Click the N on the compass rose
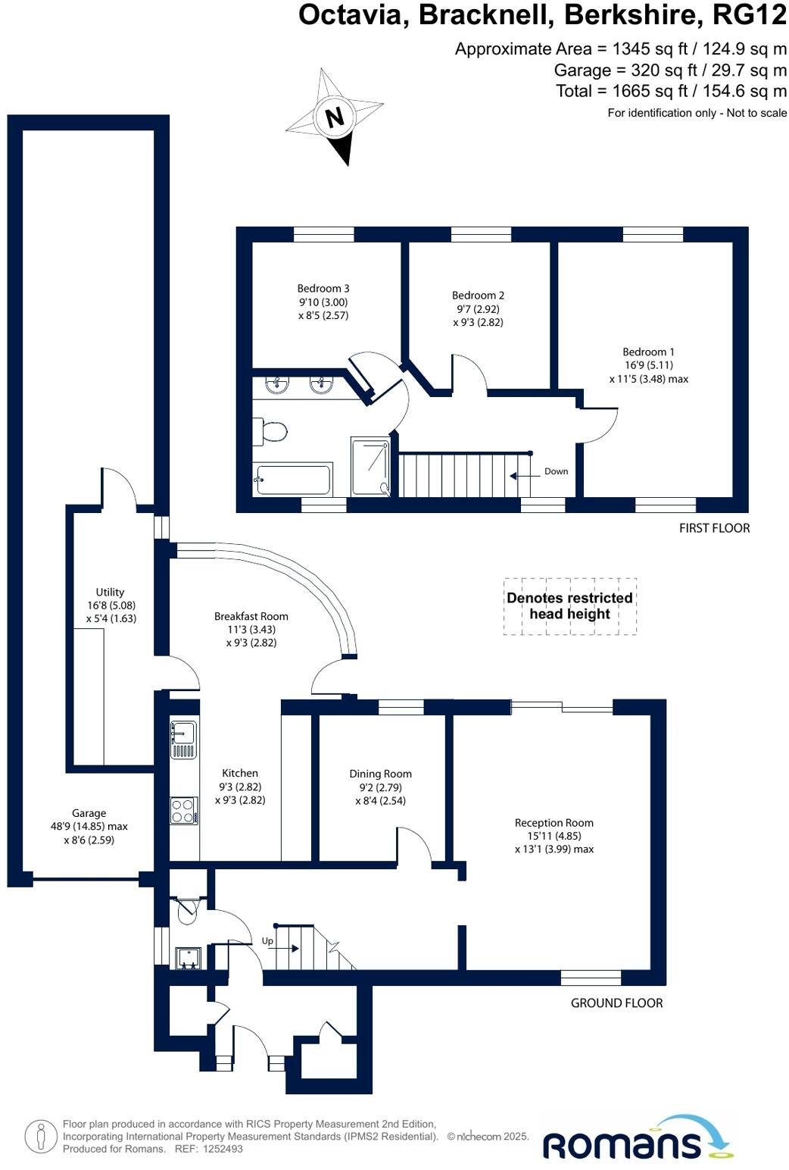pos(334,117)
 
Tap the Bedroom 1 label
pos(648,352)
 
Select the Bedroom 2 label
pos(478,296)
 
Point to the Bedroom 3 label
pos(323,289)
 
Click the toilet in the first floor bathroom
pos(270,432)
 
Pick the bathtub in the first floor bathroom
pos(293,480)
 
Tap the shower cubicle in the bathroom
pos(370,467)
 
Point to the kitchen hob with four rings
pos(182,811)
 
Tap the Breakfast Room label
pos(251,617)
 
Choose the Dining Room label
pos(380,774)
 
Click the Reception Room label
pos(554,823)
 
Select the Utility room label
pos(110,593)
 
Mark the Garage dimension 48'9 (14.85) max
pos(89,827)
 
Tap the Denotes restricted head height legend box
pos(569,606)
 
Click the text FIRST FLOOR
pos(714,528)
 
